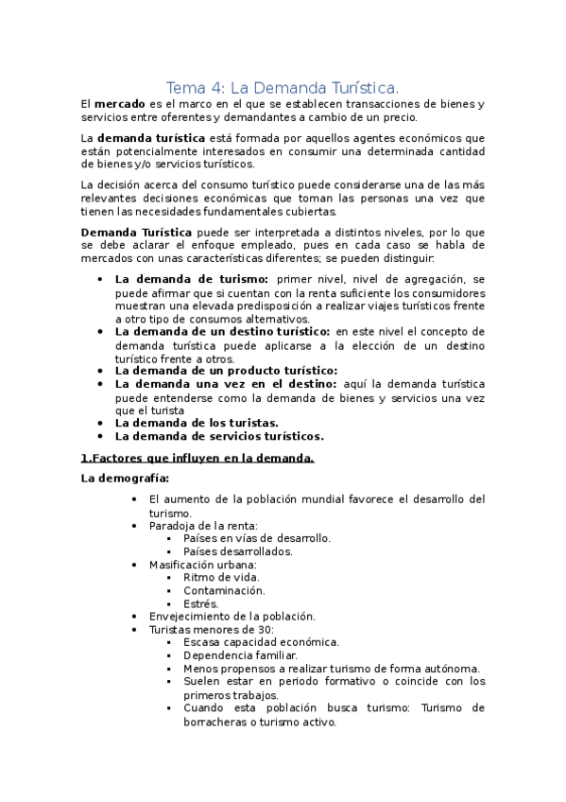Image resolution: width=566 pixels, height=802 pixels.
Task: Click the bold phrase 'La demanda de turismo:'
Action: pos(192,279)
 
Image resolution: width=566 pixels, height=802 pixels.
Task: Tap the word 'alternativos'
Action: pos(282,319)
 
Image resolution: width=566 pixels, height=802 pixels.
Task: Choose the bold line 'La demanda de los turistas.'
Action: pos(197,423)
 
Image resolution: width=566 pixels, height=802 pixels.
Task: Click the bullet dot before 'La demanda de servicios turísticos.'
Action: pos(101,437)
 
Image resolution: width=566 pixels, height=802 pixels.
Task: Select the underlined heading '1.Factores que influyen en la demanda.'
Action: pos(197,459)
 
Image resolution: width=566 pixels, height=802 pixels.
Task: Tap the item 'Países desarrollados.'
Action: pos(238,550)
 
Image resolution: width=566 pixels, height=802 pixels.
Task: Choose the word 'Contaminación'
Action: pos(223,589)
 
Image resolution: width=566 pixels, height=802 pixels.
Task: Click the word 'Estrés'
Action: pos(200,602)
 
